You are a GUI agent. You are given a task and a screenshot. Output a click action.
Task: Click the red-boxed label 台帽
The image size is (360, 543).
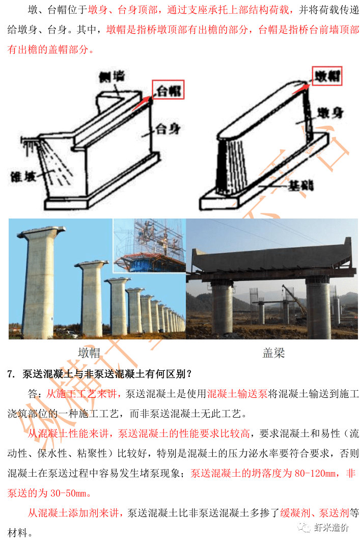pyautogui.click(x=169, y=91)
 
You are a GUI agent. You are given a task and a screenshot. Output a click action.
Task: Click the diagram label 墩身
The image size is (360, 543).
pyautogui.click(x=329, y=113)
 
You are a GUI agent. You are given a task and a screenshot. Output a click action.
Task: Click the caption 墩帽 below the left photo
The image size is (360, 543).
pyautogui.click(x=89, y=352)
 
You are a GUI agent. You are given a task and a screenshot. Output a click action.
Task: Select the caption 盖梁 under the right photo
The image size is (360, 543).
pyautogui.click(x=273, y=352)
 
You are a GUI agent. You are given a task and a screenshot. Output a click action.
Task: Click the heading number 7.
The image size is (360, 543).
pyautogui.click(x=10, y=374)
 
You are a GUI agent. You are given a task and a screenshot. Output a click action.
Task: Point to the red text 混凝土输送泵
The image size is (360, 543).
pyautogui.click(x=237, y=394)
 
